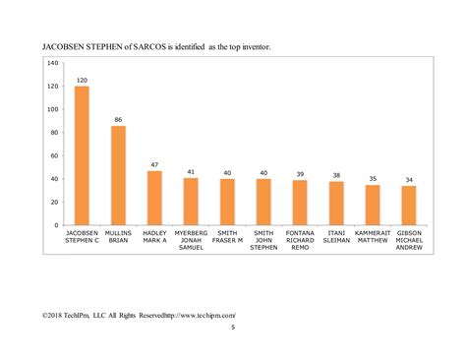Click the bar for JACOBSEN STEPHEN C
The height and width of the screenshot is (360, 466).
pyautogui.click(x=82, y=156)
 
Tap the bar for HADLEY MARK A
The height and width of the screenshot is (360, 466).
pyautogui.click(x=154, y=198)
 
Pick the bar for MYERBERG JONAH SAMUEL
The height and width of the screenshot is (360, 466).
pyautogui.click(x=191, y=202)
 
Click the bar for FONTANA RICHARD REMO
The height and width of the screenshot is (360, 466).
pyautogui.click(x=300, y=203)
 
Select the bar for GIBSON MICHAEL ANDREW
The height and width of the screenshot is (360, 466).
pyautogui.click(x=409, y=206)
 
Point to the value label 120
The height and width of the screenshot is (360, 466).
pyautogui.click(x=82, y=80)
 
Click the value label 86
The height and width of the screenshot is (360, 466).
pyautogui.click(x=118, y=119)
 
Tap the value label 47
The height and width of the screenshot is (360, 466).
pyautogui.click(x=154, y=164)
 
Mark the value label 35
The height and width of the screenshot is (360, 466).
pyautogui.click(x=373, y=178)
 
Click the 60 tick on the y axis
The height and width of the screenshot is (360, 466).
pyautogui.click(x=54, y=155)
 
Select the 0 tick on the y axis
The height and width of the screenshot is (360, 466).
pyautogui.click(x=56, y=225)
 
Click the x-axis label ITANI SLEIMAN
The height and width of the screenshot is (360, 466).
pyautogui.click(x=336, y=236)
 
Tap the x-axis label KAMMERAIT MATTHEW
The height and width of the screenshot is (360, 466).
pyautogui.click(x=373, y=236)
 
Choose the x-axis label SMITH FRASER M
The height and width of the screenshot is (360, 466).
pyautogui.click(x=227, y=236)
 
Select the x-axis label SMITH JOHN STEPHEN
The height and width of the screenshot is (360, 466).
pyautogui.click(x=263, y=240)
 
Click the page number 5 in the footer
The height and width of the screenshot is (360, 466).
pyautogui.click(x=233, y=328)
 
